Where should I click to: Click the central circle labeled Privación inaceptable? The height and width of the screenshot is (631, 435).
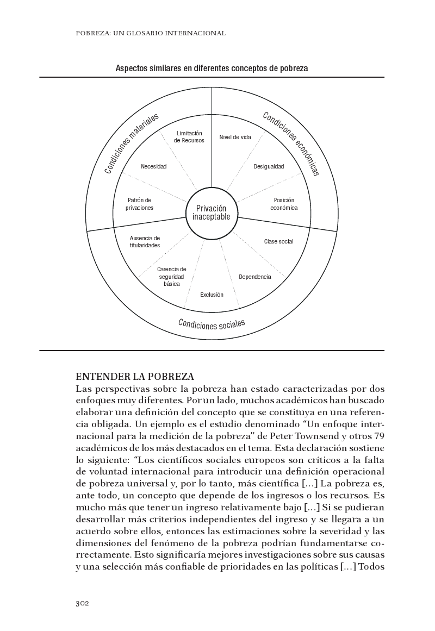tap(212, 213)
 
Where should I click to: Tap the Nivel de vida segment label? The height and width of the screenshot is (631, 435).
tap(235, 137)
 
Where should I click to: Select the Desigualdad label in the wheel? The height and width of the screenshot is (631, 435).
tap(269, 166)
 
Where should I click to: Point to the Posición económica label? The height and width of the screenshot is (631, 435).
tap(284, 204)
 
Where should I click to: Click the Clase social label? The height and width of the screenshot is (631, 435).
tap(278, 241)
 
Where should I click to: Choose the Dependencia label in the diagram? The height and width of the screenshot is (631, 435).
tap(254, 277)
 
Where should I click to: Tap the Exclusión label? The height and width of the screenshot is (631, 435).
tap(212, 295)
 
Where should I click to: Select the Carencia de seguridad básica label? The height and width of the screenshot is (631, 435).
tap(172, 276)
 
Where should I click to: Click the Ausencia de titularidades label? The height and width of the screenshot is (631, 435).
tap(145, 241)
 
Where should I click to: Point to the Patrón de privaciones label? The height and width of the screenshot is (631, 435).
tap(140, 204)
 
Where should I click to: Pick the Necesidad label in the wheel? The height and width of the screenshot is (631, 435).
tap(153, 166)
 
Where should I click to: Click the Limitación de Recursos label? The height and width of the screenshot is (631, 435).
tap(189, 136)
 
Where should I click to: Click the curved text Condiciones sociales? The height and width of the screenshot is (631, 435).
tap(212, 324)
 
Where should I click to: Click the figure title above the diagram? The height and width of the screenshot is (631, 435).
tap(212, 68)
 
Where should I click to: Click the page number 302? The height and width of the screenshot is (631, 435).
tap(82, 603)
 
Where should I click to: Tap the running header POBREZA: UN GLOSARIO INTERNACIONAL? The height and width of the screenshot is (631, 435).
tap(151, 33)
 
